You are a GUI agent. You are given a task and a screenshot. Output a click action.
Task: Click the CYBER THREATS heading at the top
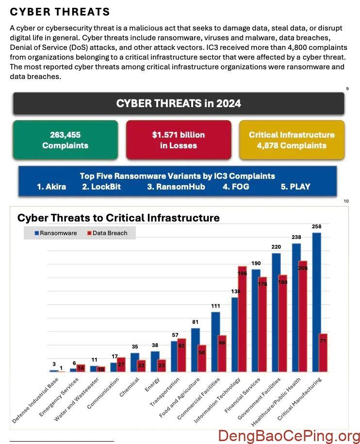(x=60, y=12)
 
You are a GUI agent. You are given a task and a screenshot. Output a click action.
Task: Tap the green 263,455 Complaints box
(x=65, y=140)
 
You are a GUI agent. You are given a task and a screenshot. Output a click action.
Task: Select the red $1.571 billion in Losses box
(x=179, y=140)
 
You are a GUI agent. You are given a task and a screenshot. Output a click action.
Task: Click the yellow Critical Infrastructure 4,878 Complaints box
(x=292, y=140)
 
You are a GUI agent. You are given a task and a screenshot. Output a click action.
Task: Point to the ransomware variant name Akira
(x=51, y=187)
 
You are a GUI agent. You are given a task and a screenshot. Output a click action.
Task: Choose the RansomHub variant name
(x=176, y=187)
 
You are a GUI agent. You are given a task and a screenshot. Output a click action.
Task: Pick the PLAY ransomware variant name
(x=295, y=187)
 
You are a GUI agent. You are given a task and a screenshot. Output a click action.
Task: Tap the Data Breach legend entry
(x=107, y=233)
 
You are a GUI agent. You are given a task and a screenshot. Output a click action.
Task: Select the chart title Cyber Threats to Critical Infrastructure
(x=118, y=218)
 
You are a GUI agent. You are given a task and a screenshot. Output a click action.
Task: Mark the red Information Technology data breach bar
(x=242, y=320)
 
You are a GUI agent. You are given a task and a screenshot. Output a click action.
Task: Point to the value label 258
(x=317, y=227)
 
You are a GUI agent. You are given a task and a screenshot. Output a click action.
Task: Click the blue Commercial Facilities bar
(x=215, y=342)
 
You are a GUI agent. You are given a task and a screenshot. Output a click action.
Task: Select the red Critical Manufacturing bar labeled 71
(x=323, y=352)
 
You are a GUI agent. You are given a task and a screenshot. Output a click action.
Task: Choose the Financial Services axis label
(x=242, y=396)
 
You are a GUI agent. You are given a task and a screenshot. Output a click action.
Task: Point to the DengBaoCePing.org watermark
(x=289, y=436)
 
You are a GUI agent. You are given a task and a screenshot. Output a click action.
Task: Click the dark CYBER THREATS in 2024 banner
(x=179, y=103)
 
